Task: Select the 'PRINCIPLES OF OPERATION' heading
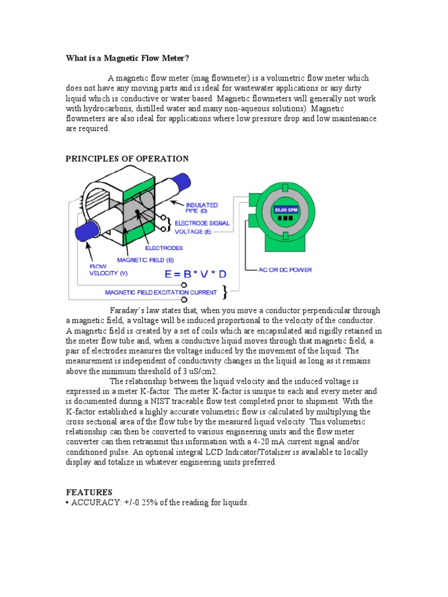point(127,159)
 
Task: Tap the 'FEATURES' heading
point(89,493)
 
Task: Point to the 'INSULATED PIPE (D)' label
point(202,208)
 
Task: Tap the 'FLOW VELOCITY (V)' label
point(94,270)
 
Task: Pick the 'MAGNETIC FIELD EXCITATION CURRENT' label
point(160,292)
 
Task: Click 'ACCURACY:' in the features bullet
point(96,503)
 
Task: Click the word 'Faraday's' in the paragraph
point(128,311)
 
